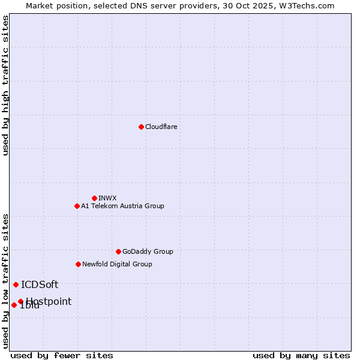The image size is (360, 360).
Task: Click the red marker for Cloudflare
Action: pos(141,127)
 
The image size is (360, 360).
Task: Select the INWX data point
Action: pos(94,198)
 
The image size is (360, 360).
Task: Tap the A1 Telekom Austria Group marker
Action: pos(77,206)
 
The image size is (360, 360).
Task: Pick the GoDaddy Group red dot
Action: pos(118,251)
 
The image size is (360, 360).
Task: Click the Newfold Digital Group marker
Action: pos(78,264)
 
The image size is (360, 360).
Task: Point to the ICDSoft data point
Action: pos(16,284)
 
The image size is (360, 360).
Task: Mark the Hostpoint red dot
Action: pos(20,301)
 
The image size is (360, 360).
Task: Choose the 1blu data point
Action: pos(14,305)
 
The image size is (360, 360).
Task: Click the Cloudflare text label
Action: pos(161,127)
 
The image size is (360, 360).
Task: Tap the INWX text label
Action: pos(107,198)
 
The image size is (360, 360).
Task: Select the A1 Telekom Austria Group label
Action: pos(122,206)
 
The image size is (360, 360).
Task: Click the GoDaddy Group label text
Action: pos(148,251)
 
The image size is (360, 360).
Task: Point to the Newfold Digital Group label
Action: pos(117,264)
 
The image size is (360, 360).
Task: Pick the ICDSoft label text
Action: pos(40,284)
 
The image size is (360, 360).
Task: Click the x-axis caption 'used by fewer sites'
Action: pos(62,355)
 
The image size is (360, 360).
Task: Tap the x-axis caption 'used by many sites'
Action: pos(301,355)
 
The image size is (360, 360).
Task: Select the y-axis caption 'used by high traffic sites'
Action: pos(6,85)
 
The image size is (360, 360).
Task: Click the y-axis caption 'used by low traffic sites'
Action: pos(6,280)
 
